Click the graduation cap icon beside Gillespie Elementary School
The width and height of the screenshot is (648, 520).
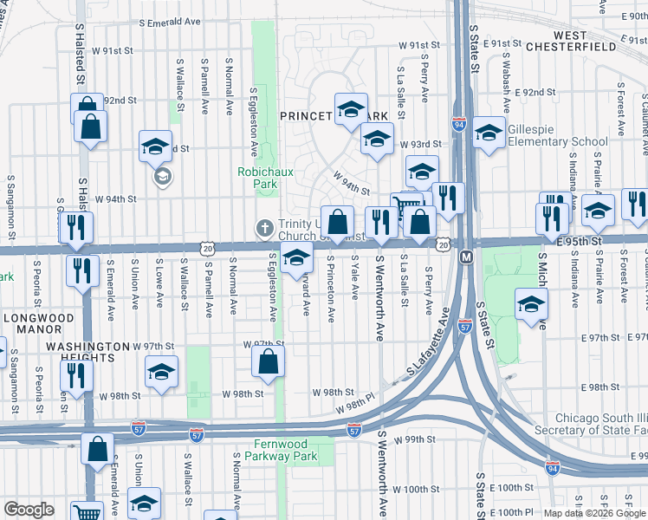coord(489,133)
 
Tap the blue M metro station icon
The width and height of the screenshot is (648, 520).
coord(465,257)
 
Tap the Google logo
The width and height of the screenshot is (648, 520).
coord(29,510)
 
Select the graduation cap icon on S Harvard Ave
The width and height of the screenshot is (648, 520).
coord(296,258)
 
